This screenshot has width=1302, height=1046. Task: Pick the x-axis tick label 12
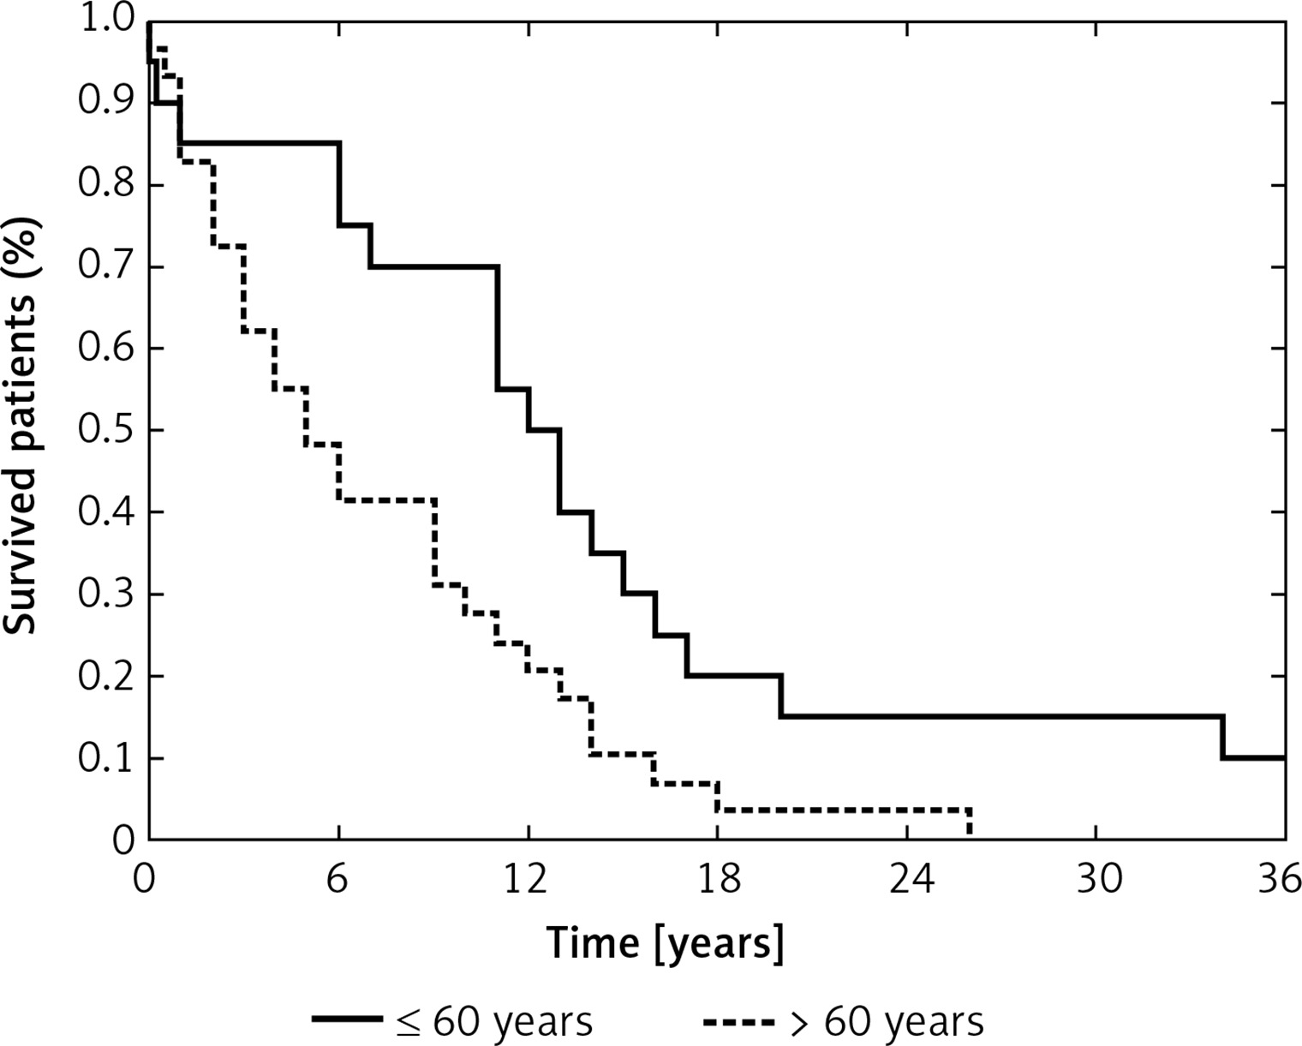[x=529, y=880]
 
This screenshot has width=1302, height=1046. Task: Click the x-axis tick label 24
[x=910, y=880]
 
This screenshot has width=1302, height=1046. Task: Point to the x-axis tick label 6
[x=338, y=880]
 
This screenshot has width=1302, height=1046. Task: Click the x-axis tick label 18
[x=719, y=880]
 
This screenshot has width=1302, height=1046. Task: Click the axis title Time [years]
[x=665, y=944]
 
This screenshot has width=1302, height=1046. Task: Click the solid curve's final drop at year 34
[x=1222, y=737]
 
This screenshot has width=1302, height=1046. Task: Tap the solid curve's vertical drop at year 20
[x=781, y=696]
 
